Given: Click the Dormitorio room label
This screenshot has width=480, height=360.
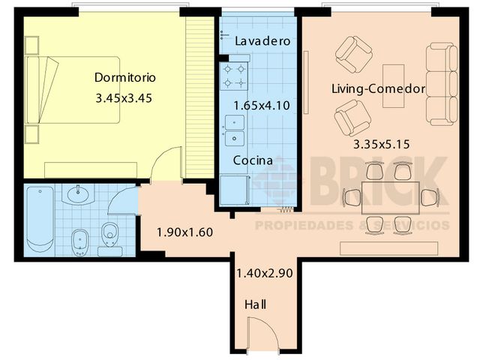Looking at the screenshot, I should pyautogui.click(x=124, y=77).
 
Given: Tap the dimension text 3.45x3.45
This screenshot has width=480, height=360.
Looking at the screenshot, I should pyautogui.click(x=124, y=97).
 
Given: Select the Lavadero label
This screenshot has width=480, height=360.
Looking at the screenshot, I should pyautogui.click(x=262, y=41).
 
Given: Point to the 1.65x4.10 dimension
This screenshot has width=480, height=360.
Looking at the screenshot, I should pyautogui.click(x=261, y=106).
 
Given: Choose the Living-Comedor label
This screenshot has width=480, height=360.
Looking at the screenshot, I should pyautogui.click(x=379, y=89).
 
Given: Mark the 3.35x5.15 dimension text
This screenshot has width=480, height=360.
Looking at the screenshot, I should pyautogui.click(x=381, y=145).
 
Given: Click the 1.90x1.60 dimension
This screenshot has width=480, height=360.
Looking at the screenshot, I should pyautogui.click(x=184, y=232).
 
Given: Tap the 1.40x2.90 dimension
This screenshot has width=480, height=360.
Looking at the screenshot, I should pyautogui.click(x=264, y=273).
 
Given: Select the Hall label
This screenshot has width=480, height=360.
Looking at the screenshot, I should pyautogui.click(x=255, y=304).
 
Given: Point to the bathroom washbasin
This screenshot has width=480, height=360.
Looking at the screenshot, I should pyautogui.click(x=77, y=196).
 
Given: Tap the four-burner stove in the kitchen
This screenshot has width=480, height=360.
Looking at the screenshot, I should pyautogui.click(x=233, y=76).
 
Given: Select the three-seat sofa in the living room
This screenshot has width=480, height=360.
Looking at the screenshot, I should pyautogui.click(x=441, y=84).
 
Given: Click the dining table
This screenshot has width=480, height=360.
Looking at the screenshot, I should pyautogui.click(x=388, y=197).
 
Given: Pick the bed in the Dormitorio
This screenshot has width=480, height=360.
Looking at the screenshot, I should pyautogui.click(x=73, y=90).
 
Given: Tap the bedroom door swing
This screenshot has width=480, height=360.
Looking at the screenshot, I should pyautogui.click(x=166, y=165).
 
